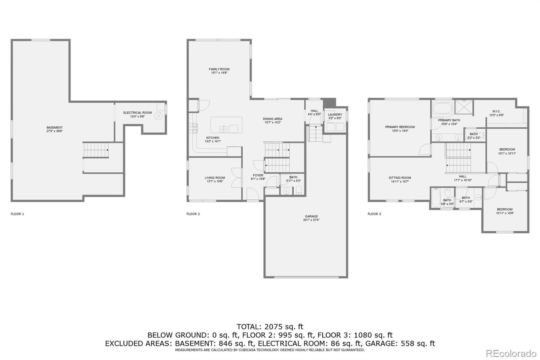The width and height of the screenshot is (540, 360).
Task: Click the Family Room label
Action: (219, 69)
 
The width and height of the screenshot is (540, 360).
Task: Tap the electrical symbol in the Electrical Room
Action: (158, 116)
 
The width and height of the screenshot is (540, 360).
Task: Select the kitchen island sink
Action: (224, 128)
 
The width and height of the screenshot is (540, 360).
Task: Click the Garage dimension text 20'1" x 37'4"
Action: (311, 220)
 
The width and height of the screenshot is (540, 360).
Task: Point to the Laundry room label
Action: (335, 114)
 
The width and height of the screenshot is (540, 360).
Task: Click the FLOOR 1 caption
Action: (18, 214)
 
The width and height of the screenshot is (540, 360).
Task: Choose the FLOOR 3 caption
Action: (374, 214)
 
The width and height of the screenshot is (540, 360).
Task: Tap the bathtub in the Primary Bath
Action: (442, 108)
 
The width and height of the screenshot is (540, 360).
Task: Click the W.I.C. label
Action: (496, 111)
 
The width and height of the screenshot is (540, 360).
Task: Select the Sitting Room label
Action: (400, 178)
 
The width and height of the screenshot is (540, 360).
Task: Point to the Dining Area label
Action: (272, 119)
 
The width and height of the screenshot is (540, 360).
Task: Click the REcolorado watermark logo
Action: (511, 354)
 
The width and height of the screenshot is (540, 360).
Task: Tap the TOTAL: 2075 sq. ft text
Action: (270, 327)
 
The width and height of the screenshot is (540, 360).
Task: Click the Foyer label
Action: (258, 175)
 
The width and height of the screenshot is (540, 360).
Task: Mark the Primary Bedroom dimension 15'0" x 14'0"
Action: (400, 131)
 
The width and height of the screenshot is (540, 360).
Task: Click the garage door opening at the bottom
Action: (306, 277)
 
